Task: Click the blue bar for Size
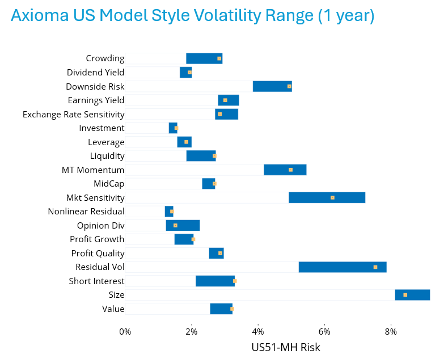(x=412, y=295)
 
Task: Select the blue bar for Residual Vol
(x=342, y=267)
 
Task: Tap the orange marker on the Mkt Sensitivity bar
(x=332, y=197)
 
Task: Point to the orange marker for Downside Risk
(x=289, y=86)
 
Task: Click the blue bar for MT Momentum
(x=285, y=170)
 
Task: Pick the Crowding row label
(x=105, y=58)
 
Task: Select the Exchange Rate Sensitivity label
(x=73, y=114)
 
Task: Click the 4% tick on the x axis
(x=258, y=331)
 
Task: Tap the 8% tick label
(x=391, y=331)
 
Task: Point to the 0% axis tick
(x=125, y=331)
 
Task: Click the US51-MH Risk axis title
(x=286, y=347)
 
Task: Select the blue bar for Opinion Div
(x=183, y=225)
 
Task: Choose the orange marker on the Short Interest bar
(x=235, y=281)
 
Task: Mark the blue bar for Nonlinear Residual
(x=169, y=212)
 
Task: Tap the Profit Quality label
(x=98, y=253)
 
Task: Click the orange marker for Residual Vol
(x=375, y=267)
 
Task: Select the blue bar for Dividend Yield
(x=185, y=72)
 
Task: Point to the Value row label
(x=113, y=309)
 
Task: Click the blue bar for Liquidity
(x=201, y=156)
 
